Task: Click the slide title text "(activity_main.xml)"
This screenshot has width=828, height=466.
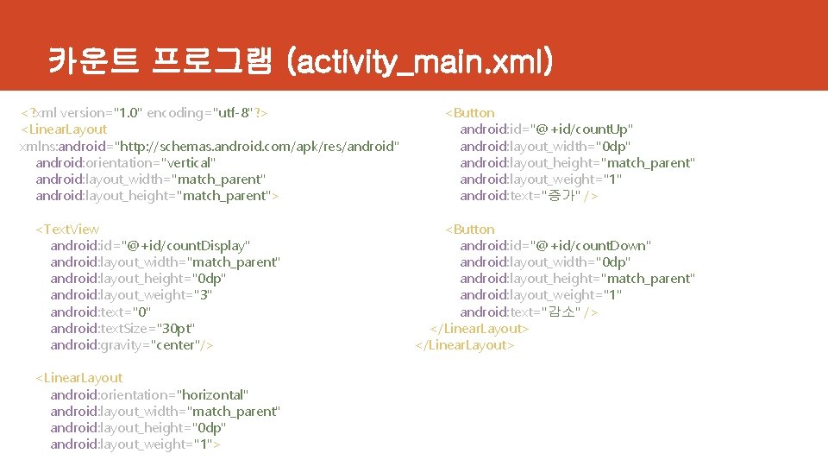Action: (x=421, y=61)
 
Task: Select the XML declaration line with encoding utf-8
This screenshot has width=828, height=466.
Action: (x=144, y=113)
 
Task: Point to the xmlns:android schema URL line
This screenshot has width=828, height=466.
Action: (x=209, y=146)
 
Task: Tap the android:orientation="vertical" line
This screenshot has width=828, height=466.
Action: (x=126, y=162)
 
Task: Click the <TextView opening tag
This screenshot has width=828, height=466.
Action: (x=66, y=229)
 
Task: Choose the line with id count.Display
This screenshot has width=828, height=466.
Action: (x=151, y=246)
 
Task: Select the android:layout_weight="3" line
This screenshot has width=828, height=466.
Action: (x=131, y=295)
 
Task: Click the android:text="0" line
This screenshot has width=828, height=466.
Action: (x=101, y=312)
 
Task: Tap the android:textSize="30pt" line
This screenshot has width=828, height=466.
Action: (x=122, y=328)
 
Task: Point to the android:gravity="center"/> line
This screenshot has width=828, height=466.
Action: (x=132, y=344)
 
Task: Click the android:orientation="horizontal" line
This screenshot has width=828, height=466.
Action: (x=149, y=394)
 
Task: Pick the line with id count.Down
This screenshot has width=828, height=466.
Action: (x=555, y=246)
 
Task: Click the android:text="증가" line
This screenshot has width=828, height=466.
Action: (x=529, y=196)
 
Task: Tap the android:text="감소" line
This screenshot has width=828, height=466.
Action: (x=529, y=312)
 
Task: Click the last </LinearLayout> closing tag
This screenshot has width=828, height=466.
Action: (x=465, y=344)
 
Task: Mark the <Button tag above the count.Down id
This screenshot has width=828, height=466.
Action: (x=469, y=229)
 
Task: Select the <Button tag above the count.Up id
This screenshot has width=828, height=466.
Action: (x=469, y=113)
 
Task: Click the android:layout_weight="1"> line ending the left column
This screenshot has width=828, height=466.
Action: (x=135, y=444)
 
